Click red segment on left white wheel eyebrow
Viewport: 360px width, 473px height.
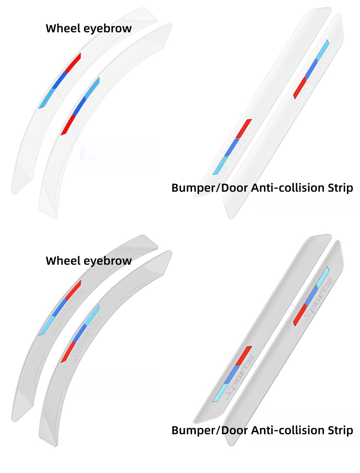coord(73,63)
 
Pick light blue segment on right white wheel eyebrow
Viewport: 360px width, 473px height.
coord(92,85)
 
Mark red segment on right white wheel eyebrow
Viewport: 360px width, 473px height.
coord(67,124)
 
